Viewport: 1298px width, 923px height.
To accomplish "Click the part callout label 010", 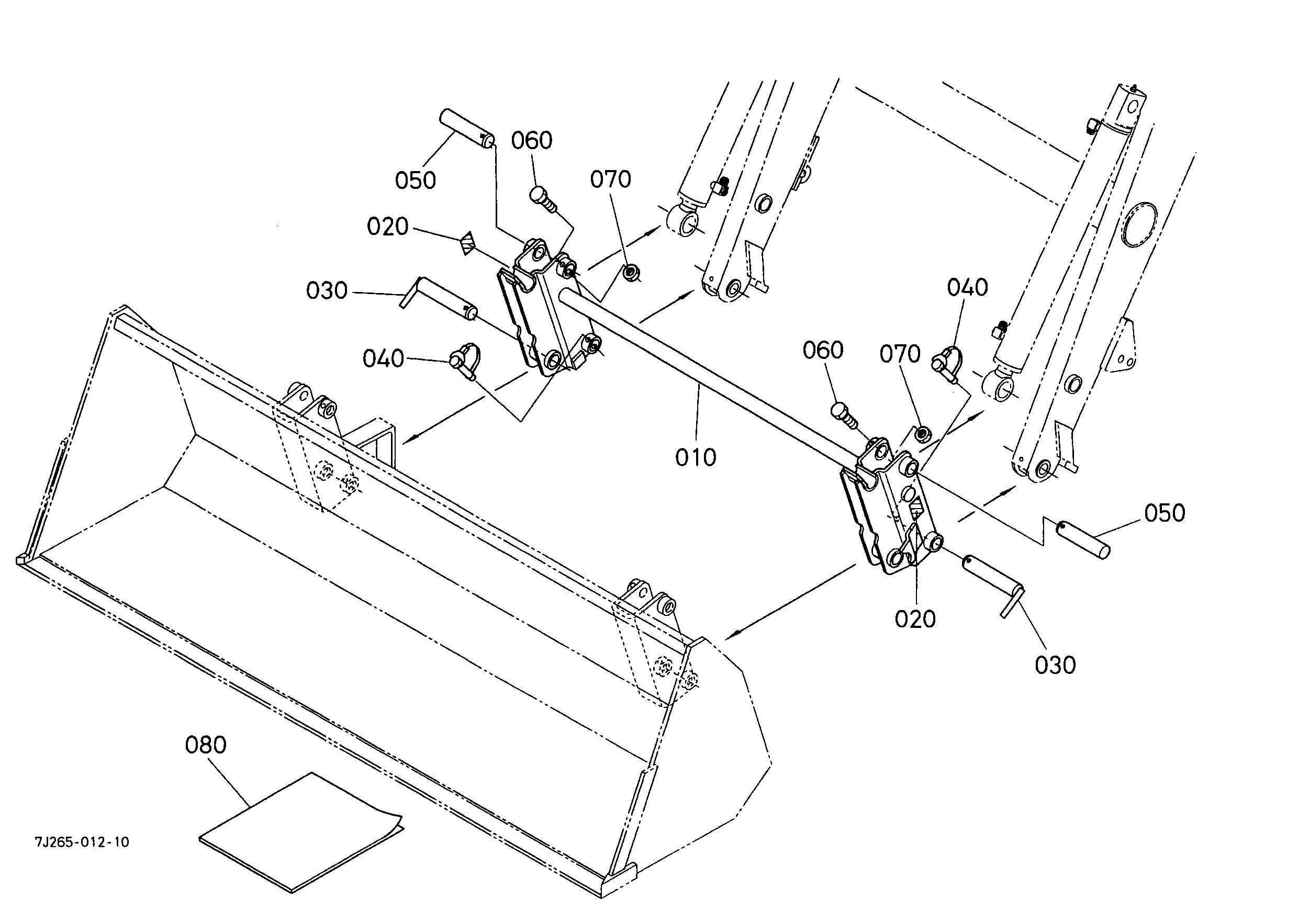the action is point(696,457).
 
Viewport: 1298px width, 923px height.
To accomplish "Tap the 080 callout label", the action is point(205,745).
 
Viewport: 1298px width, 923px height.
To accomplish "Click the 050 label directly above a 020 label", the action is point(415,181).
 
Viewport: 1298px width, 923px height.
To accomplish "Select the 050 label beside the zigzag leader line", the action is point(1165,513).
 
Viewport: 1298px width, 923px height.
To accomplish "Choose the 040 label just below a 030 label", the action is point(383,358).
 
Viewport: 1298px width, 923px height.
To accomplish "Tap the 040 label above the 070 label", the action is point(967,288).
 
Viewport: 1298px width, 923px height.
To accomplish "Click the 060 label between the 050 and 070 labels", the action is point(532,140).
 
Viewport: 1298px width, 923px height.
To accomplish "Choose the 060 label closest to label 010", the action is point(823,350).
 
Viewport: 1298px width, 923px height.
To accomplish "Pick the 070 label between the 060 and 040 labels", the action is point(900,354).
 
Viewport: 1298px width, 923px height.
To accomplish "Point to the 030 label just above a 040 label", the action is point(327,290).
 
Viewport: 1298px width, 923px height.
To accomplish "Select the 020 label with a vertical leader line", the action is point(915,619).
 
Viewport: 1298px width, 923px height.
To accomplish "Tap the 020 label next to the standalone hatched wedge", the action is point(387,227).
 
